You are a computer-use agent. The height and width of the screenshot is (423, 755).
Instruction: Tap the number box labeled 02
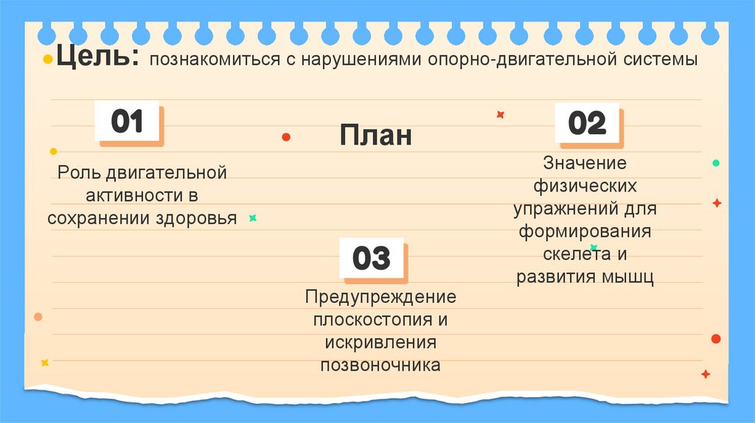pyautogui.click(x=587, y=123)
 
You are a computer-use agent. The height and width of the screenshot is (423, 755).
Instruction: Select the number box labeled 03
pyautogui.click(x=371, y=259)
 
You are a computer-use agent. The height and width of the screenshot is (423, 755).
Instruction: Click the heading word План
pyautogui.click(x=376, y=136)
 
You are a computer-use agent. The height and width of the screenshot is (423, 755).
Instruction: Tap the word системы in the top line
pyautogui.click(x=660, y=60)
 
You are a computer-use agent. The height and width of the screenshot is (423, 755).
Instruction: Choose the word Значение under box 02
pyautogui.click(x=585, y=163)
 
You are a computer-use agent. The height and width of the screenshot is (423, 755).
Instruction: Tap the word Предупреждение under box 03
pyautogui.click(x=380, y=297)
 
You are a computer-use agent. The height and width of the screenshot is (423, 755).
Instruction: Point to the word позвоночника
pyautogui.click(x=380, y=366)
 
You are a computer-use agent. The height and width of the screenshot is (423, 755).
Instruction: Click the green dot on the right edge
pyautogui.click(x=715, y=163)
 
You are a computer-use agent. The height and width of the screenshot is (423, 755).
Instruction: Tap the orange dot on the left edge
pyautogui.click(x=38, y=317)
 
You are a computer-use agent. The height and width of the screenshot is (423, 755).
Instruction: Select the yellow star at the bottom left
pyautogui.click(x=45, y=363)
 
